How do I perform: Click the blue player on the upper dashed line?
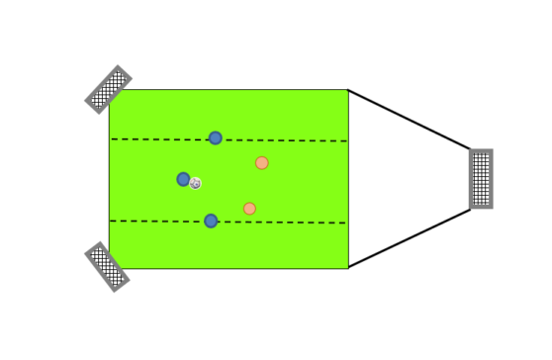(x=216, y=138)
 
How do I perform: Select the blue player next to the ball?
(x=183, y=179)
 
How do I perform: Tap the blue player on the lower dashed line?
(x=211, y=221)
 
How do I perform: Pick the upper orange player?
(x=261, y=163)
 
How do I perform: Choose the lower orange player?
(x=249, y=209)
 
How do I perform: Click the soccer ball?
(x=196, y=183)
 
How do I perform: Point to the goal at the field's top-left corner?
(x=108, y=89)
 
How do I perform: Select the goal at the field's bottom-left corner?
(x=107, y=266)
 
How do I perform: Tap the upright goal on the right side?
(x=481, y=179)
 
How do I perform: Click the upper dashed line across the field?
(x=287, y=140)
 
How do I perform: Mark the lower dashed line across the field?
(x=287, y=223)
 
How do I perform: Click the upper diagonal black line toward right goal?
(x=410, y=120)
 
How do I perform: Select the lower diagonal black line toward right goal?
(x=410, y=238)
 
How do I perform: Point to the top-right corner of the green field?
(x=348, y=90)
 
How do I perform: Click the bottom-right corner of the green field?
(x=348, y=268)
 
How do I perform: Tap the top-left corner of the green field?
(x=109, y=90)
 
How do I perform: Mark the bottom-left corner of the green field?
(x=109, y=268)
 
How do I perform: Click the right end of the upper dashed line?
(x=346, y=141)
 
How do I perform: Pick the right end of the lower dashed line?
(x=346, y=224)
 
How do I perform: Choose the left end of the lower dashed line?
(x=111, y=220)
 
